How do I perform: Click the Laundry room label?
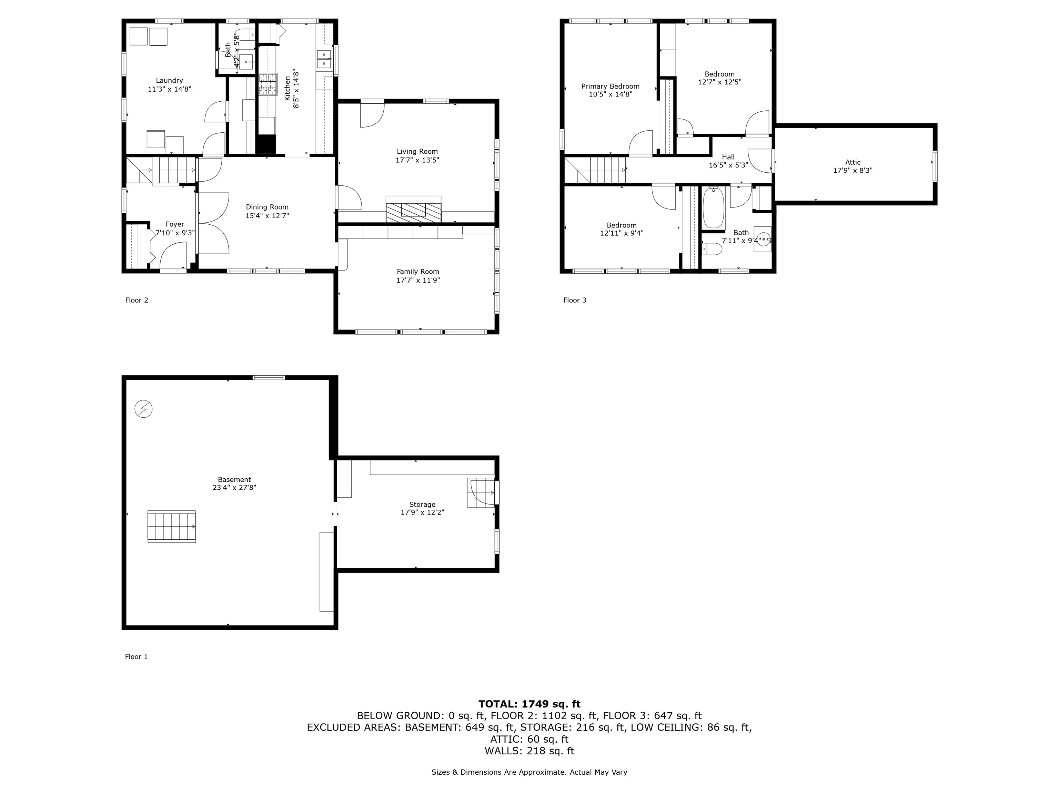point(169,80)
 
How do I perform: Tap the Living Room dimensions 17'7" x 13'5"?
point(417,160)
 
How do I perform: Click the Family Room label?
point(417,271)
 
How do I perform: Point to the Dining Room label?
point(267,207)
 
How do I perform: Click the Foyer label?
point(175,224)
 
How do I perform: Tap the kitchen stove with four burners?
point(268,84)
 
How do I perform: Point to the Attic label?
point(852,162)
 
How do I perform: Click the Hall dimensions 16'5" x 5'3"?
point(728,165)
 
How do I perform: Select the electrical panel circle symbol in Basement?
point(143,409)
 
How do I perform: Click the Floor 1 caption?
point(137,656)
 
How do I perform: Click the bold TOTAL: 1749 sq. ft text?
point(529,704)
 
